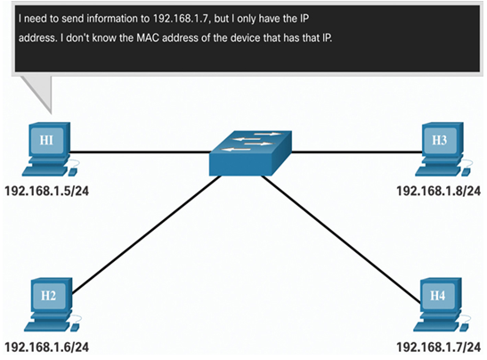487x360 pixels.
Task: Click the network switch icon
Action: coord(250,153)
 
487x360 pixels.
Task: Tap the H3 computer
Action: coord(443,149)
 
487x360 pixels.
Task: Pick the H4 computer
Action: coord(442,305)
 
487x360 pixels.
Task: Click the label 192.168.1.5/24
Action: coord(47,191)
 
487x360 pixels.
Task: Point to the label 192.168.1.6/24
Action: coord(47,347)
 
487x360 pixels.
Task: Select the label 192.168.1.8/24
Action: coord(439,191)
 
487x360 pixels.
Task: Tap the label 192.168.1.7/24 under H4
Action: coord(439,347)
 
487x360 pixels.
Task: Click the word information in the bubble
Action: coord(113,19)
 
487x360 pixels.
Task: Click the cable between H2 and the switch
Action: coord(147,234)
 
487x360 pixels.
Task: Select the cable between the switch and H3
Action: coord(357,152)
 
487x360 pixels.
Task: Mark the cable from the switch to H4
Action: coord(341,239)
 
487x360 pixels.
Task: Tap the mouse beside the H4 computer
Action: coord(465,327)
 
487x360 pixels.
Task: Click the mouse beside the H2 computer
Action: coord(75,327)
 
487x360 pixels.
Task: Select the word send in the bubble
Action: coord(72,19)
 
